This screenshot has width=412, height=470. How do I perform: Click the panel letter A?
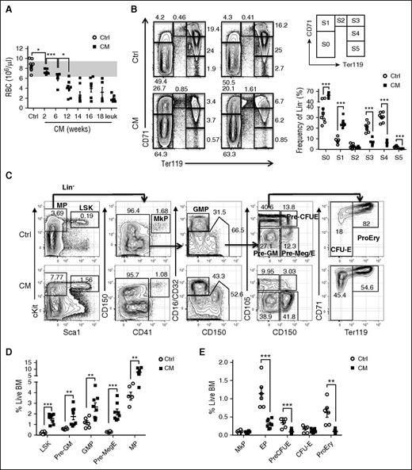click(x=6, y=6)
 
